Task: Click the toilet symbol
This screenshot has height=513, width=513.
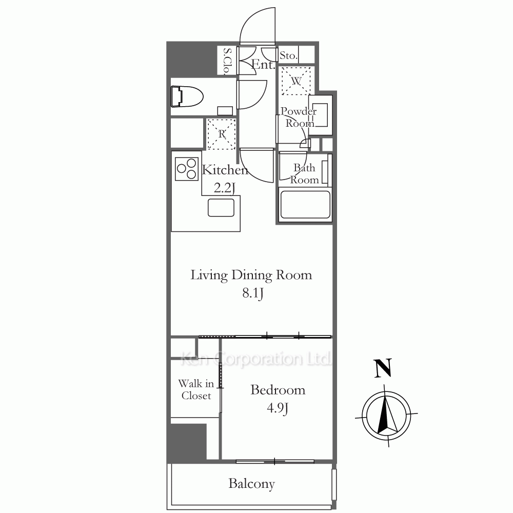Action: click(x=187, y=96)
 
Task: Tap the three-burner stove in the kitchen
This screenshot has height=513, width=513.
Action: click(x=187, y=169)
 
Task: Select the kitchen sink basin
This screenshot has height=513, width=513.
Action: click(x=221, y=207)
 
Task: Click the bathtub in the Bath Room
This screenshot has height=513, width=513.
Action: click(x=305, y=205)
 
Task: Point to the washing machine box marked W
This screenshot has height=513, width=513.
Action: click(x=296, y=81)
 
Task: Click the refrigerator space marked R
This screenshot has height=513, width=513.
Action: click(x=222, y=134)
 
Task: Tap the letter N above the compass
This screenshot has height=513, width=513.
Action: click(x=383, y=368)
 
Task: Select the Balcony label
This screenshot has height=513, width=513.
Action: click(x=251, y=484)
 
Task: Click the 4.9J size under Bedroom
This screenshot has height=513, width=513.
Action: click(x=278, y=408)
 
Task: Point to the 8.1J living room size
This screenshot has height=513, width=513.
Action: click(x=252, y=293)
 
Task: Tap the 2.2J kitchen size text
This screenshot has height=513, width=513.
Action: click(x=225, y=188)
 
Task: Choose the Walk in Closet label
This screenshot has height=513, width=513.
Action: click(x=196, y=390)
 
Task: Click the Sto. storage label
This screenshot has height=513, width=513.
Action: click(x=288, y=55)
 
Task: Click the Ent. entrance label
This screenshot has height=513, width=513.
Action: click(x=263, y=65)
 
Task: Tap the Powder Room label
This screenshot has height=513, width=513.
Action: click(x=299, y=117)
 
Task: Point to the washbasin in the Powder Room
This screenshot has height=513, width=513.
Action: click(x=321, y=115)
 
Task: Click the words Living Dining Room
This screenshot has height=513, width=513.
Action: click(x=251, y=275)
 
